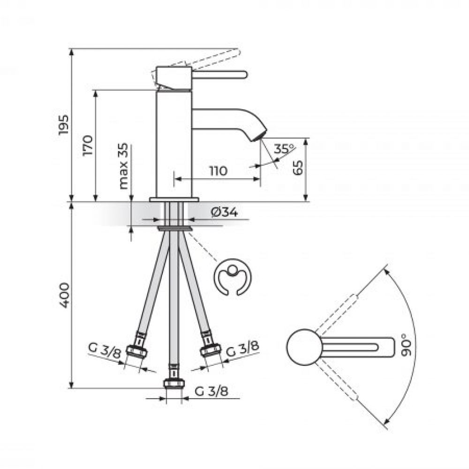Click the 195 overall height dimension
click(64, 125)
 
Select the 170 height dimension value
click(88, 145)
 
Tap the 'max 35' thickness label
click(123, 166)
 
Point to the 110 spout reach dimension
click(218, 171)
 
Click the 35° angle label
click(284, 149)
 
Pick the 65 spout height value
click(298, 168)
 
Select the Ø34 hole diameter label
click(224, 212)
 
